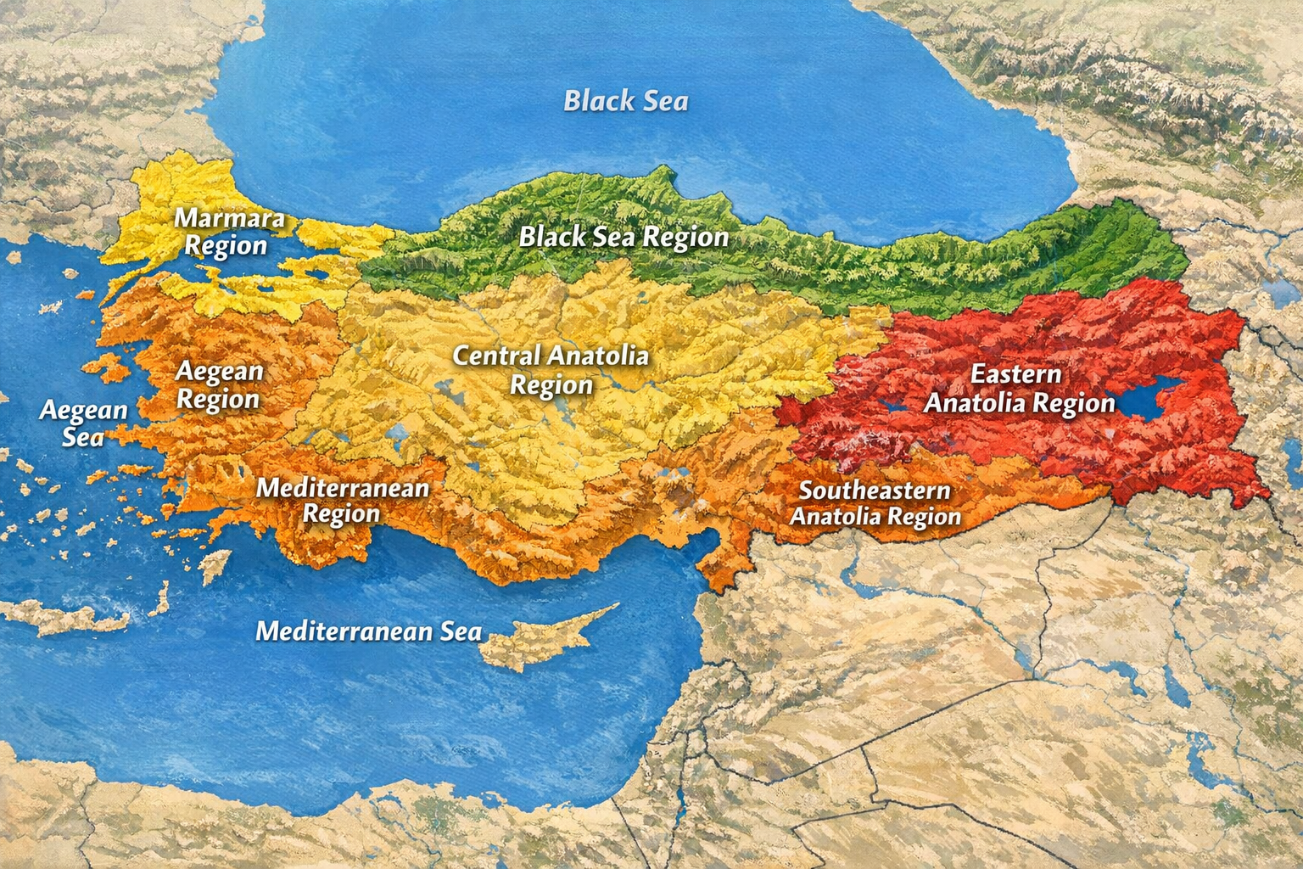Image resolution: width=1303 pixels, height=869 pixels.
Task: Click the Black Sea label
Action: click(626, 101)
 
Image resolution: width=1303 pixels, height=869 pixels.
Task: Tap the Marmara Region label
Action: click(228, 232)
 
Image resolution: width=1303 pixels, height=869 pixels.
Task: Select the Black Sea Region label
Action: click(624, 237)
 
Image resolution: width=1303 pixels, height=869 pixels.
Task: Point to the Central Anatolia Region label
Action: click(551, 370)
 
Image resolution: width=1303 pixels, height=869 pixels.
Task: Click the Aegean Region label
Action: click(218, 385)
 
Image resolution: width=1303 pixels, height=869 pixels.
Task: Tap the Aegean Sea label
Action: click(83, 423)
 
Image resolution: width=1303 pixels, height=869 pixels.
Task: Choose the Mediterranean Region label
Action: click(343, 501)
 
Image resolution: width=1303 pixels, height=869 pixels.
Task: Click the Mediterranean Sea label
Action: click(368, 631)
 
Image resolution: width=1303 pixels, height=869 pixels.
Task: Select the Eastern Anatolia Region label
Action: click(1018, 389)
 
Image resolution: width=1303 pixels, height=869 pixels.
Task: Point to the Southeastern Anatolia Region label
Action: click(875, 503)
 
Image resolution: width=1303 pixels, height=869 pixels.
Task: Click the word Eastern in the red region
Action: click(1015, 374)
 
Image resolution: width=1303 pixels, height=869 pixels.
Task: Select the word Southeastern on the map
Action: click(875, 491)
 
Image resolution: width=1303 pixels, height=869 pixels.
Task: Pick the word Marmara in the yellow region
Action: click(229, 218)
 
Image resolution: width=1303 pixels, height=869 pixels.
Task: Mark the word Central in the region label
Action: click(496, 356)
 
